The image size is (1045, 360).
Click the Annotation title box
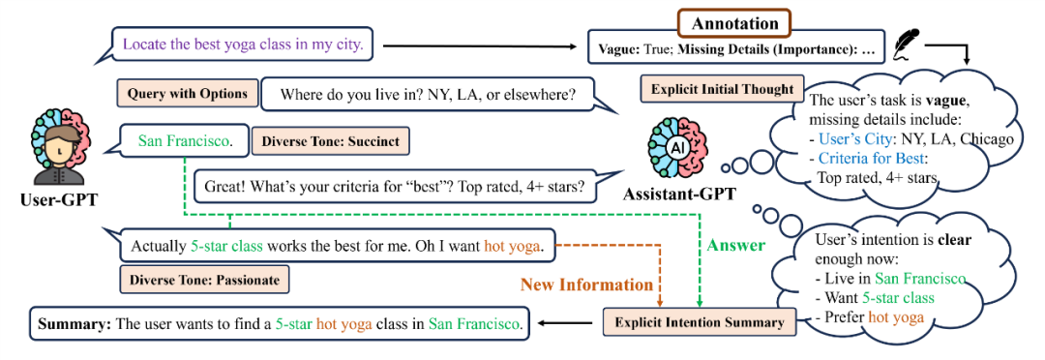(x=733, y=23)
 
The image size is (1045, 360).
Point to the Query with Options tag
(x=188, y=94)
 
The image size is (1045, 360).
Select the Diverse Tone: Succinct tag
(x=331, y=142)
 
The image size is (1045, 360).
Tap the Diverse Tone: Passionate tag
(x=204, y=280)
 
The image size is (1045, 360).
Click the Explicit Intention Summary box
(x=700, y=322)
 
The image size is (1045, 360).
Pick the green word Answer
(x=735, y=246)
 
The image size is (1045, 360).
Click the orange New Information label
(x=587, y=285)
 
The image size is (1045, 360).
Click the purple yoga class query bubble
(x=243, y=45)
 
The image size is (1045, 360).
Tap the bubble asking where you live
(x=428, y=95)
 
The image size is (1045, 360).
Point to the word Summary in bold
(x=74, y=324)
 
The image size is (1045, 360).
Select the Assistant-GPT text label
(x=679, y=195)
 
